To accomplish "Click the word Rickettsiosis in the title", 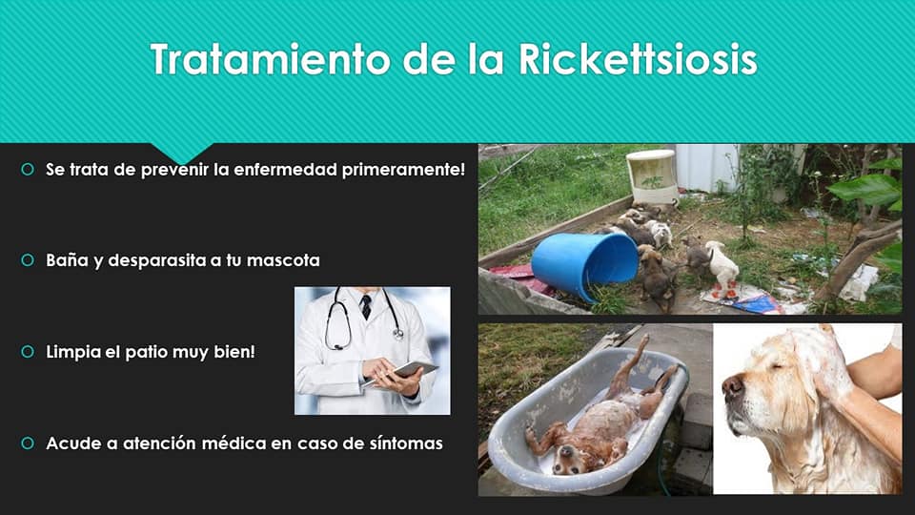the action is pos(638,59).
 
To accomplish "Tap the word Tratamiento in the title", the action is pos(270,59).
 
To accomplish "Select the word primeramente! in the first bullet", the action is pos(404,170).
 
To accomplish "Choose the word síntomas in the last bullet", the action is pos(406,443).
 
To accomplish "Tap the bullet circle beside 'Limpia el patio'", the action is pos(28,352).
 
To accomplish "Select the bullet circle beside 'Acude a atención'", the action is pos(28,443).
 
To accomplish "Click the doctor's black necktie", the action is pos(366,306).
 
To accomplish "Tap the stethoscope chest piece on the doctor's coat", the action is pos(398,334).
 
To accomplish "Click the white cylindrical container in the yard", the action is pos(652,175).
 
